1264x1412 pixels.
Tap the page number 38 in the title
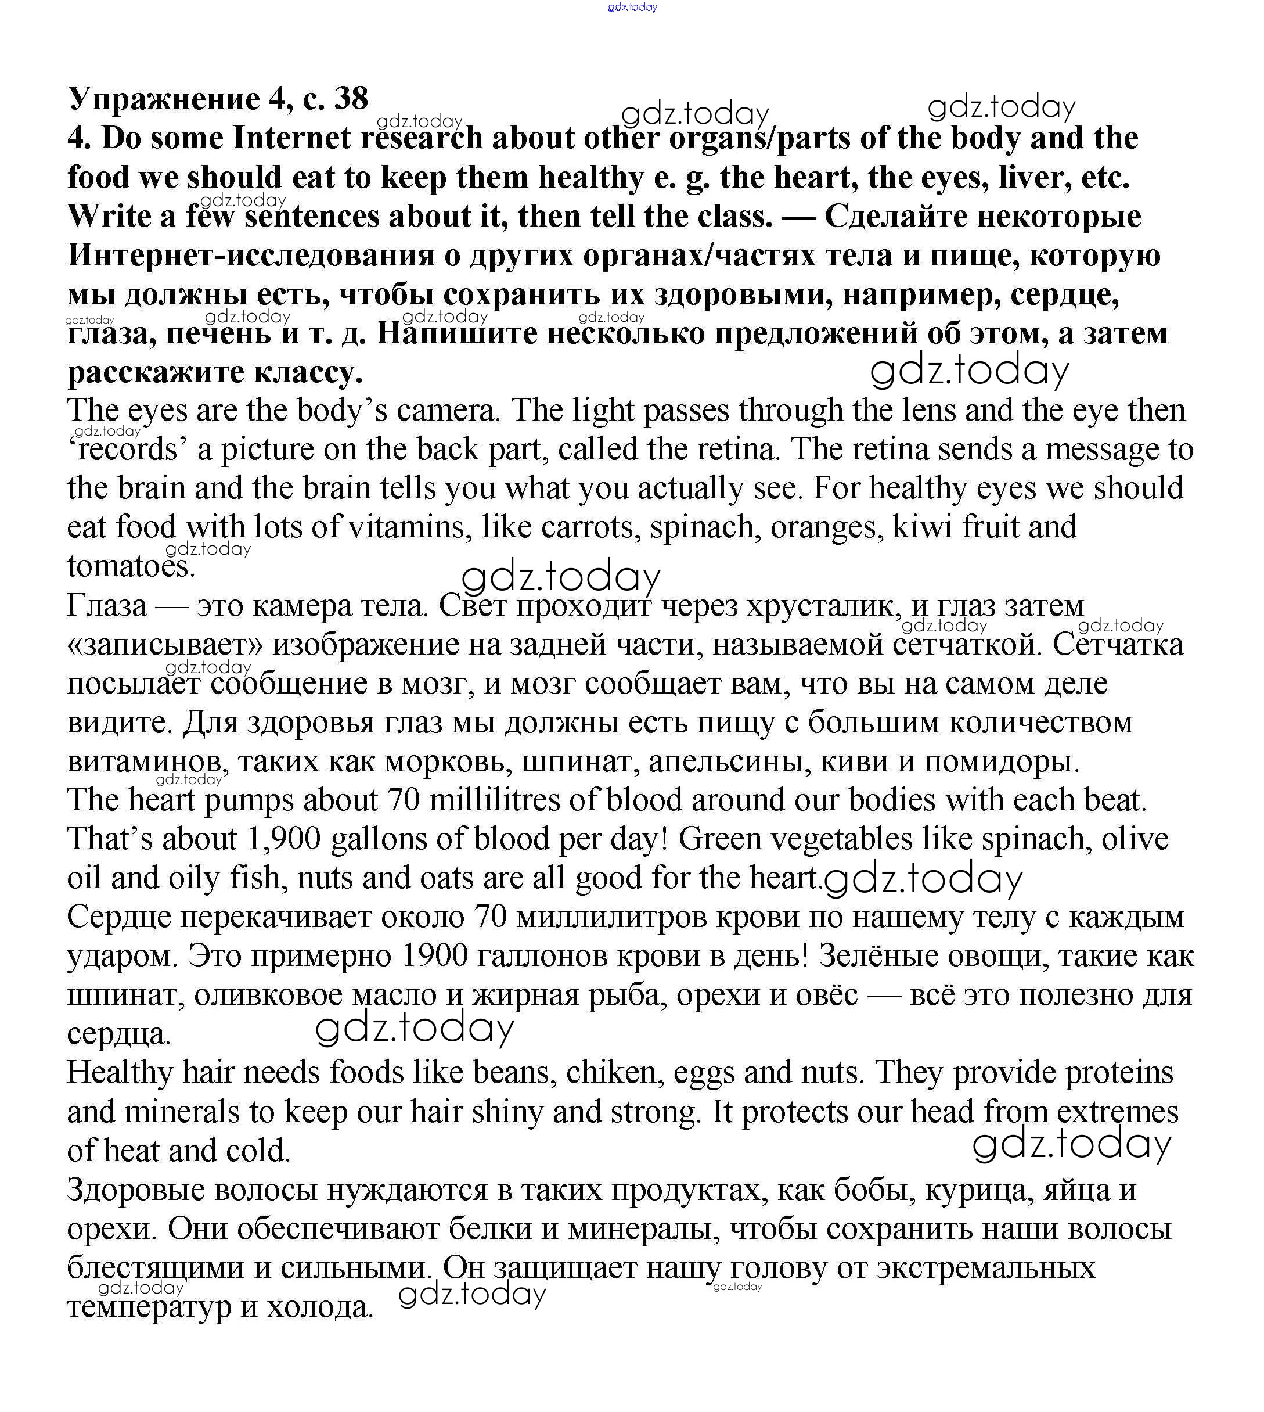coord(351,98)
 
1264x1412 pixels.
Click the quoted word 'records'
coord(128,450)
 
